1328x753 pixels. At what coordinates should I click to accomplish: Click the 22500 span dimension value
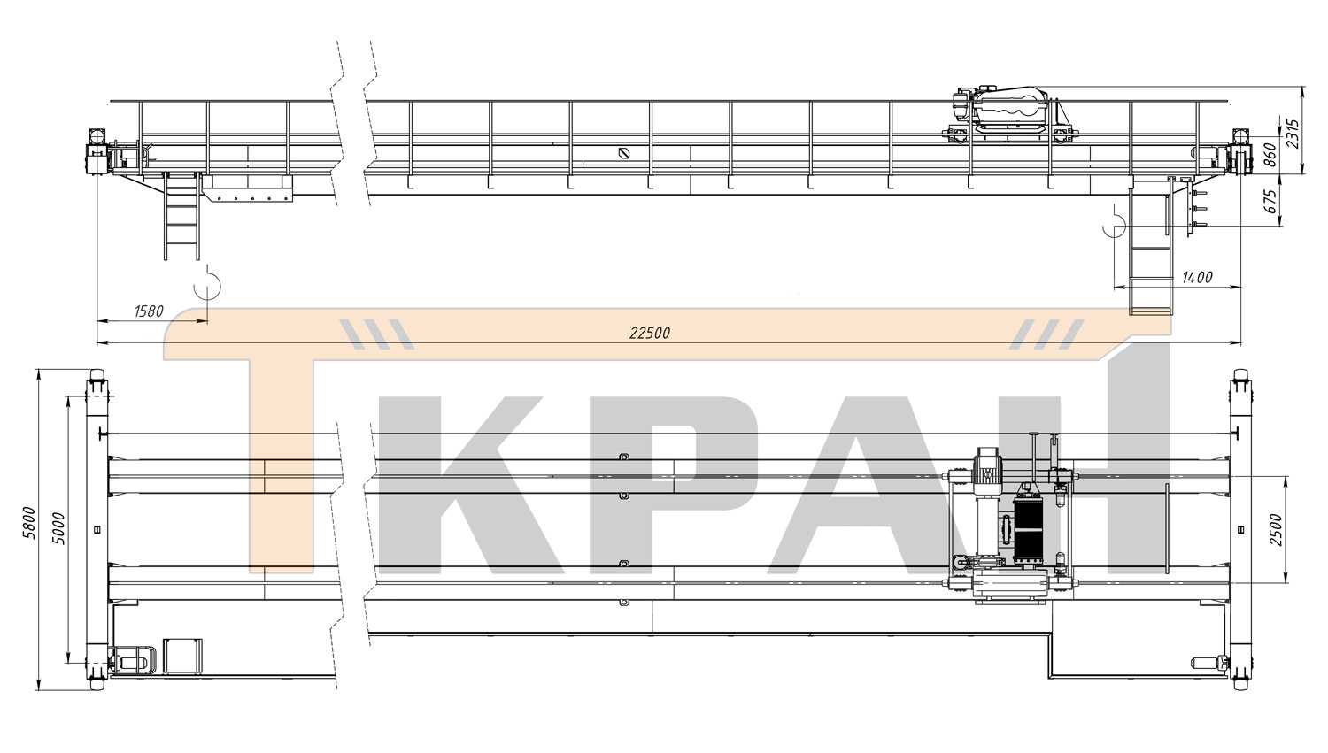pos(650,333)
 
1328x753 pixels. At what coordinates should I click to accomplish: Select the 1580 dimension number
pos(149,311)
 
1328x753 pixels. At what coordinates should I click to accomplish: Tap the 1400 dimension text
pos(1198,277)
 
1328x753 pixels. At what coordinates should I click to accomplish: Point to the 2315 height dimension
pos(1293,134)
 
